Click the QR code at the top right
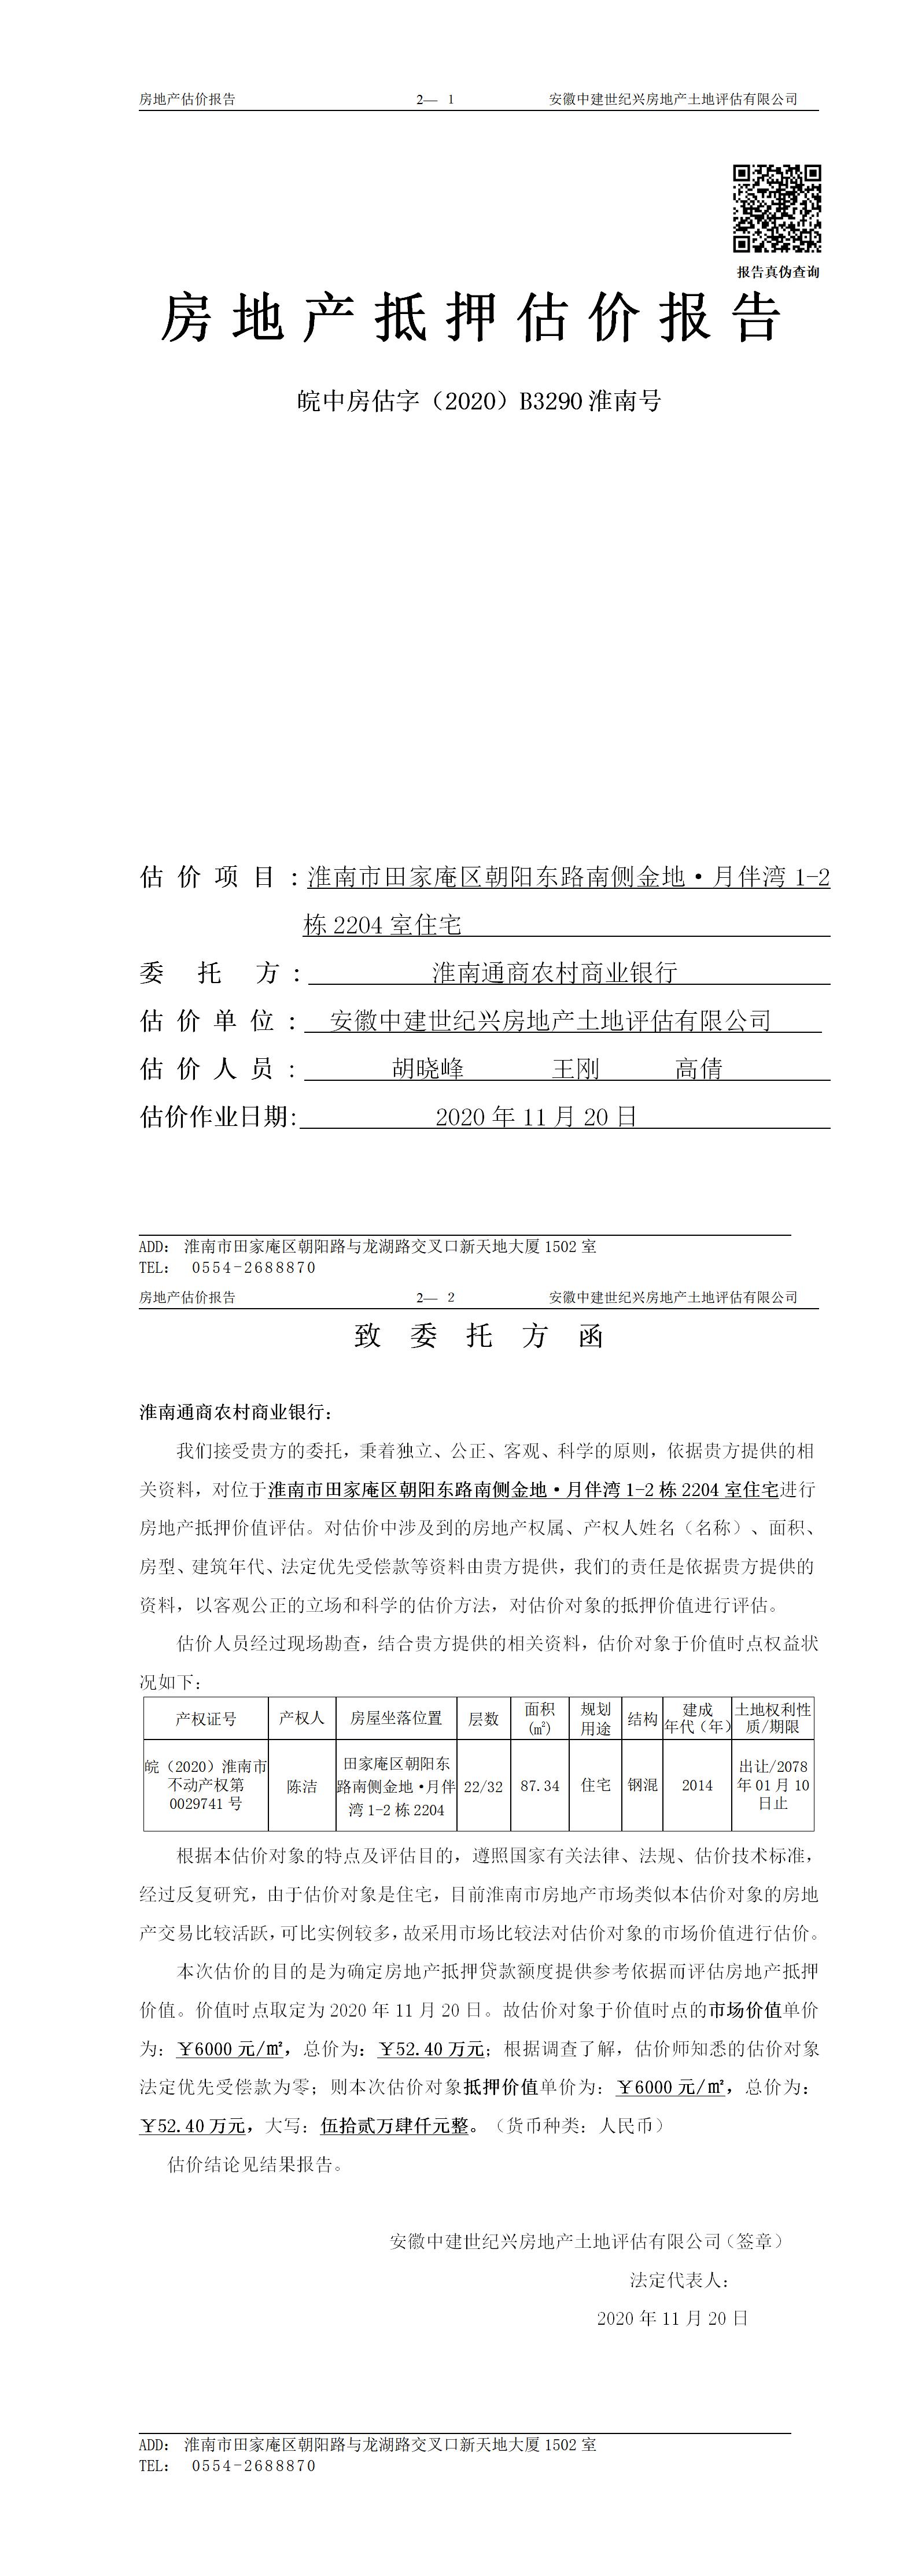[777, 208]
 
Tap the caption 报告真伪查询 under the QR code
[777, 272]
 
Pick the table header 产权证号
[206, 1718]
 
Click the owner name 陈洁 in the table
[302, 1786]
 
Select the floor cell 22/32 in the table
[484, 1786]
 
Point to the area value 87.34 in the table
[540, 1786]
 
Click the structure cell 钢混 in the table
[642, 1786]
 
